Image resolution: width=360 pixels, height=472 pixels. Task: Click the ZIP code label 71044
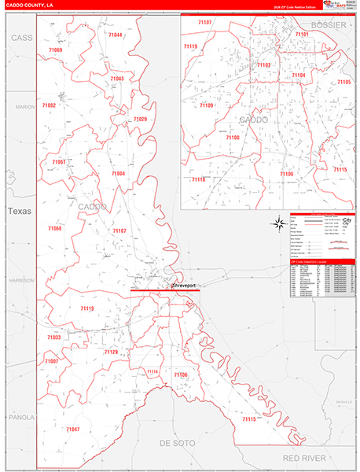[x=115, y=35]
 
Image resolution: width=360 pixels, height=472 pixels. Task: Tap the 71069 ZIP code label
[x=55, y=50]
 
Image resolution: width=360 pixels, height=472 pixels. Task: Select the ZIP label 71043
[x=117, y=79]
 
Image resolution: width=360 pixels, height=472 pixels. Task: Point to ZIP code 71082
[x=49, y=105]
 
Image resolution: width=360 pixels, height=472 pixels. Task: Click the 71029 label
[x=140, y=119]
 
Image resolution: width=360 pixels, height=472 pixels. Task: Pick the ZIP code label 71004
[x=118, y=173]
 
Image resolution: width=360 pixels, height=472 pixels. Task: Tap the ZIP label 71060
[x=54, y=228]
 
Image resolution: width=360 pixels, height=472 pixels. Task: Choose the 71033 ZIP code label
[x=53, y=337]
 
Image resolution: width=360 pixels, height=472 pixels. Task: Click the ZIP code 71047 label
[x=72, y=429]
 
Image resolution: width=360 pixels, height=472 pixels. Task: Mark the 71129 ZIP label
[x=111, y=352]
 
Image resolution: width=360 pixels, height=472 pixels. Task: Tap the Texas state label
[x=17, y=211]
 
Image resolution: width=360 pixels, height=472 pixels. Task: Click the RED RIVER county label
[x=303, y=456]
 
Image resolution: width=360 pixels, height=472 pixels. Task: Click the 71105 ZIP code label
[x=343, y=82]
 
